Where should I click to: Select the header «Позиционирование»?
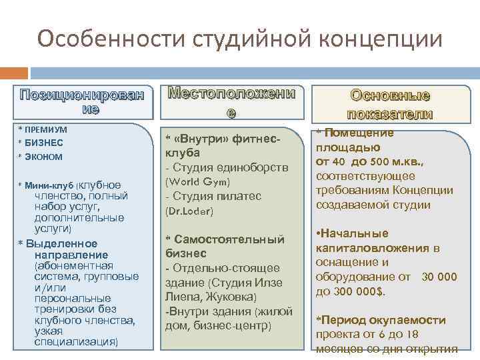click(81, 101)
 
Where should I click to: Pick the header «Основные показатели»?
click(389, 104)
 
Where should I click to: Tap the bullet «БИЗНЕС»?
click(44, 143)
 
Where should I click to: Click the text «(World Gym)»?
click(197, 181)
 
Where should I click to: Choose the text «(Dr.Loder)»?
click(189, 211)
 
